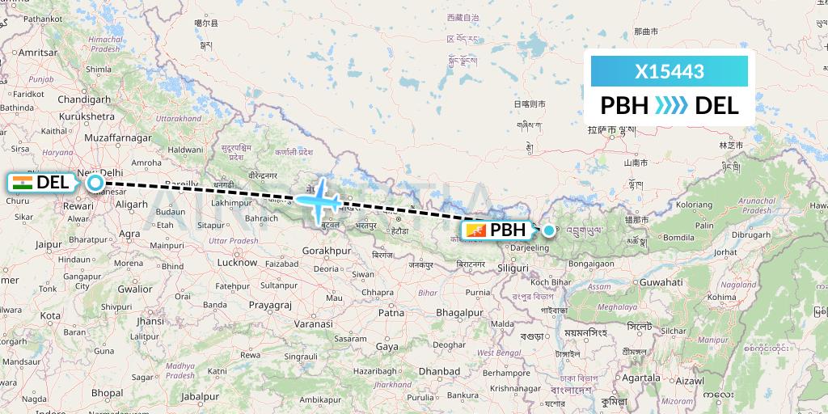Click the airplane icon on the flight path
(320, 197)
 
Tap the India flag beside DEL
(23, 183)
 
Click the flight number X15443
(670, 71)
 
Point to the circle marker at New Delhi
(95, 183)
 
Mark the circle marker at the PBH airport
(549, 230)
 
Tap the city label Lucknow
(237, 262)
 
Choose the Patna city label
(391, 312)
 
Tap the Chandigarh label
(84, 99)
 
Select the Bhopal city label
(108, 392)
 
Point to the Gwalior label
(134, 289)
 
